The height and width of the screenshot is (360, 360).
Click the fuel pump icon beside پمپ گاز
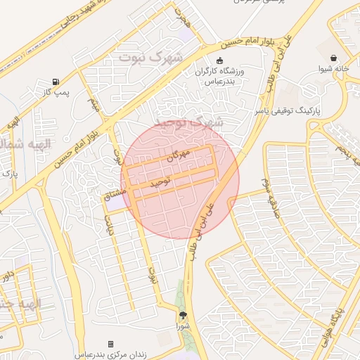click(56, 82)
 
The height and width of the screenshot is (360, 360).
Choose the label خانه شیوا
click(333, 69)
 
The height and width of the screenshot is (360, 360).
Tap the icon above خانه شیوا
click(333, 58)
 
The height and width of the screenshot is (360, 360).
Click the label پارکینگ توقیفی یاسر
click(317, 111)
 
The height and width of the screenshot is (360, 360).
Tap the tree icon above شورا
click(184, 316)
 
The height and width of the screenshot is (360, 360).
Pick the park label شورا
click(183, 327)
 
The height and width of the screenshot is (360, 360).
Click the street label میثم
click(93, 105)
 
